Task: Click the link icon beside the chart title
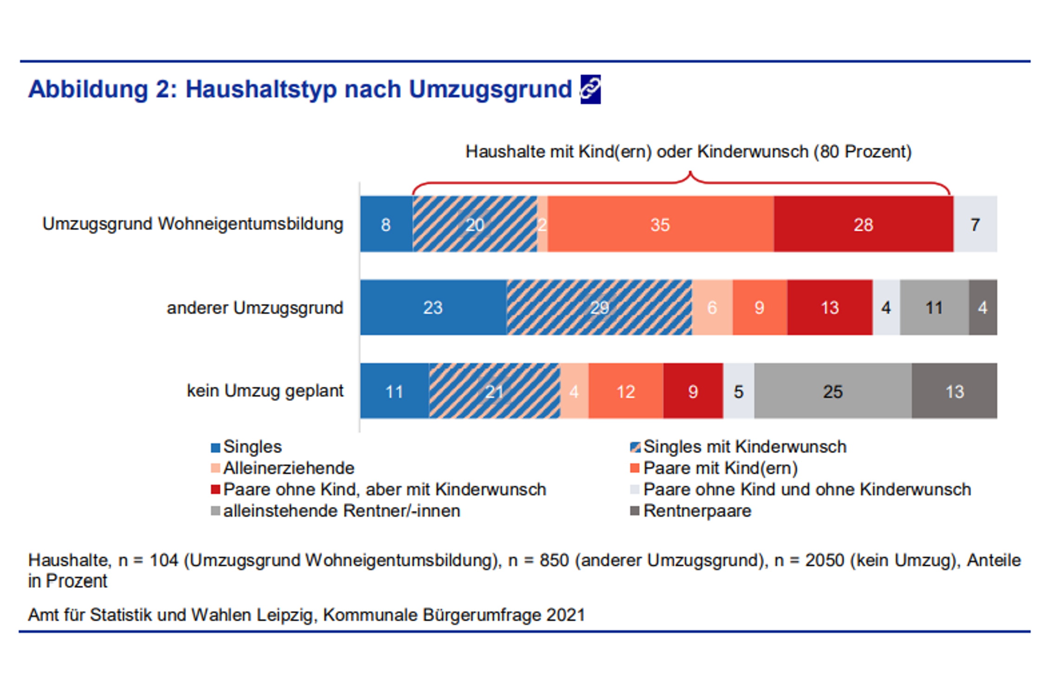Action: (x=590, y=89)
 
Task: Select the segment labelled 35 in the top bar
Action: (x=660, y=225)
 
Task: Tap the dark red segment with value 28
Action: (x=863, y=225)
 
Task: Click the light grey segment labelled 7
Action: (x=975, y=225)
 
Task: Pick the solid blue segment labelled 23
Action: (x=433, y=308)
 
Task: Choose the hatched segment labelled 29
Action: (x=599, y=308)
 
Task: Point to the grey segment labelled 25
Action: (x=832, y=391)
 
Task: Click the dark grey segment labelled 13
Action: (x=954, y=391)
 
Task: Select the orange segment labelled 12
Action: (x=625, y=391)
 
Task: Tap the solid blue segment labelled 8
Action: (x=386, y=225)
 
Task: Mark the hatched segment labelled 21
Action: (x=494, y=391)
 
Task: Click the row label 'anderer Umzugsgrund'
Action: (x=255, y=308)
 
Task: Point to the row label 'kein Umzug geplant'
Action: (x=265, y=391)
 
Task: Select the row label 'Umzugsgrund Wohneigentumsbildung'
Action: (x=193, y=224)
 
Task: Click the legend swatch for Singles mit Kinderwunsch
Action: (x=635, y=447)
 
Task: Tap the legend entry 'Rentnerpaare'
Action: (x=697, y=511)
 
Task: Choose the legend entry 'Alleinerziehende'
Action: (x=289, y=468)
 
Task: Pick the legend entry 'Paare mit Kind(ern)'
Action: (x=720, y=468)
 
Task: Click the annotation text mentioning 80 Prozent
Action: (x=689, y=152)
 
